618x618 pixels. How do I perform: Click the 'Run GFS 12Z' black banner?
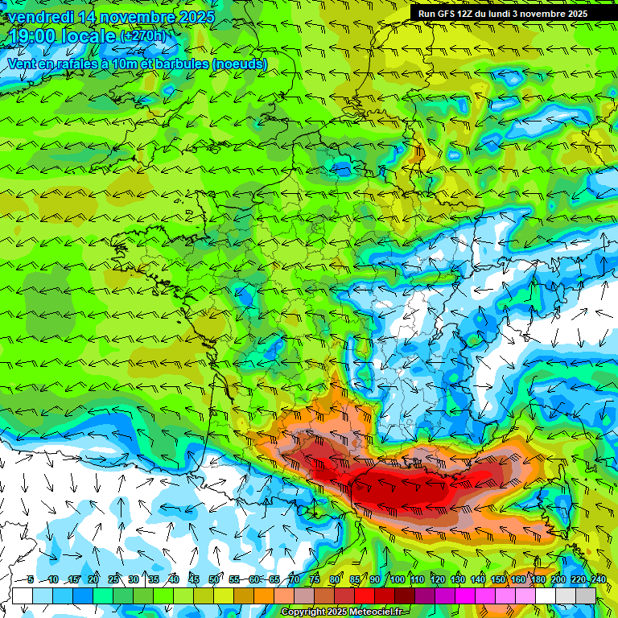[503, 14]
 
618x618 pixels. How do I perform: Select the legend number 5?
[31, 579]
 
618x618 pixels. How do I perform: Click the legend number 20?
[93, 579]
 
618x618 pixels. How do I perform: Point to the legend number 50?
[214, 579]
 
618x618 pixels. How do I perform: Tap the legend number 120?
[437, 579]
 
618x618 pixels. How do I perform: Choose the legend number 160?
[517, 579]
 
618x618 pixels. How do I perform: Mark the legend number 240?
[598, 579]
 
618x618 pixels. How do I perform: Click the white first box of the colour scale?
[23, 595]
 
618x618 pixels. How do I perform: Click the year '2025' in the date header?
[196, 17]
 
